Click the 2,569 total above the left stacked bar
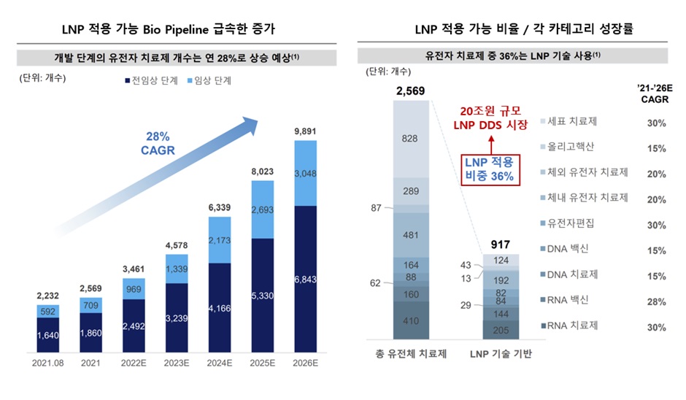tap(409, 91)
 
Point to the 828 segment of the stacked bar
tap(409, 139)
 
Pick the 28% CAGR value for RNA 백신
tap(655, 301)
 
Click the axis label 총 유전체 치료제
tap(409, 355)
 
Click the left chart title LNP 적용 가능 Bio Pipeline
tap(169, 30)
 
